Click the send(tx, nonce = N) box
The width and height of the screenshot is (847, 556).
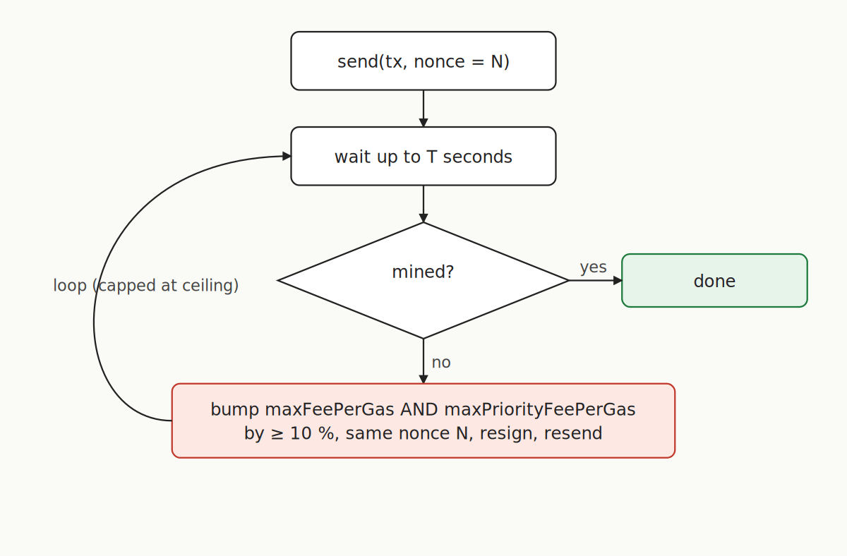point(423,61)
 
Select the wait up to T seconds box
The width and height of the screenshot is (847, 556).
point(423,157)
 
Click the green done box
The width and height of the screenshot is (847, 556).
point(714,281)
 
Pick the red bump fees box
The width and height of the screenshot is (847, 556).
point(423,421)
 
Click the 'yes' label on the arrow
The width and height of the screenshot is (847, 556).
point(593,267)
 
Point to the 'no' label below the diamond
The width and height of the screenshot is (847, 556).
point(441,363)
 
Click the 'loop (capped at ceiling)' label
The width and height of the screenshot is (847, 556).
point(146,286)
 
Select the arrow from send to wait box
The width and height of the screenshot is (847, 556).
point(423,107)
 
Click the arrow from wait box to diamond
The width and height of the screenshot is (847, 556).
point(423,203)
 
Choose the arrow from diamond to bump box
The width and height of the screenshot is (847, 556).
point(423,361)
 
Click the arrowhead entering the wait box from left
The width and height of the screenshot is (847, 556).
point(287,157)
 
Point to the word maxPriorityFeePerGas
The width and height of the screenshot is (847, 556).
point(539,409)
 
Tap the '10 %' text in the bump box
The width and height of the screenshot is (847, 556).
point(311,433)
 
